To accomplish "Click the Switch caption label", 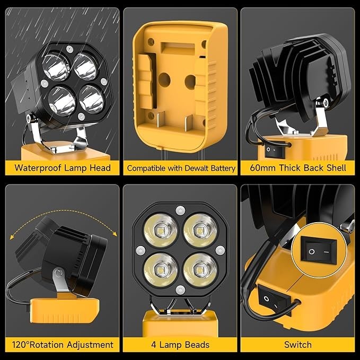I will pyautogui.click(x=297, y=345).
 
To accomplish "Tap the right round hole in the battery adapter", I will pyautogui.click(x=190, y=81).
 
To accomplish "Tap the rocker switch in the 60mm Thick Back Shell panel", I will pyautogui.click(x=272, y=151).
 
